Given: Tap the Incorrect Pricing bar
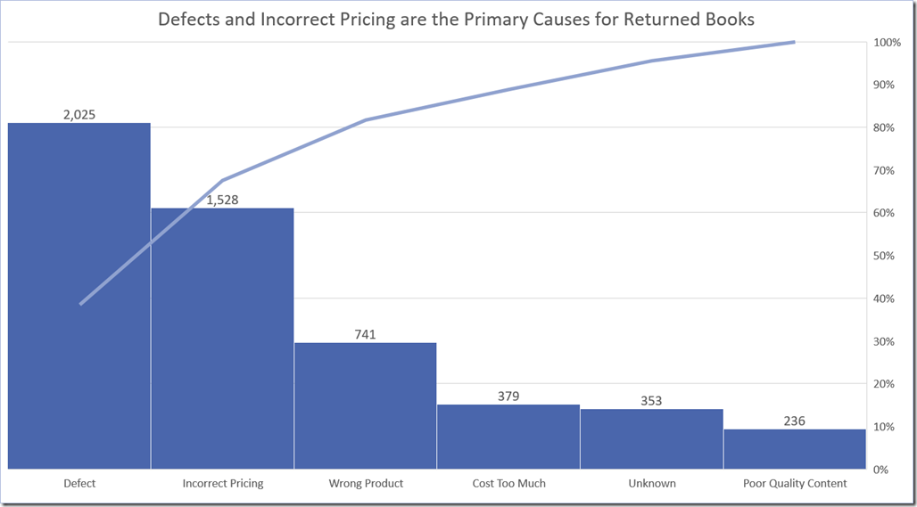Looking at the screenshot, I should (222, 339).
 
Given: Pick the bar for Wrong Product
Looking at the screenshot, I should (365, 405).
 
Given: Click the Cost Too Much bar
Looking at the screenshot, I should (508, 437).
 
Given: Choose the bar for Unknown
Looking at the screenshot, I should (651, 438).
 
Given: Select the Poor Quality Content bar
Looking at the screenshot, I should (794, 449).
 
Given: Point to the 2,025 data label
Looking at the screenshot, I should (79, 114).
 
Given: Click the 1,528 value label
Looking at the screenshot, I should (222, 200).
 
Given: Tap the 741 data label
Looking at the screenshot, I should (365, 334).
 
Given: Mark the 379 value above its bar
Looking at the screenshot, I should (508, 396).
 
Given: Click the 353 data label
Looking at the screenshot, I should (651, 400).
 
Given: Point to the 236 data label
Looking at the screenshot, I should (794, 421).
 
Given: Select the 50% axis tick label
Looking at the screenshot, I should (884, 256).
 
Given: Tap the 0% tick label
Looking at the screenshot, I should (881, 470).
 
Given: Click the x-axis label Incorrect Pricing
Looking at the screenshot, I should (222, 484).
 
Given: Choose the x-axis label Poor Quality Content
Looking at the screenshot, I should (794, 484).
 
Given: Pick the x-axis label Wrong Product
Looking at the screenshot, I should (365, 484).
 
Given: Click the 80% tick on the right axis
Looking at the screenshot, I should (884, 128).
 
